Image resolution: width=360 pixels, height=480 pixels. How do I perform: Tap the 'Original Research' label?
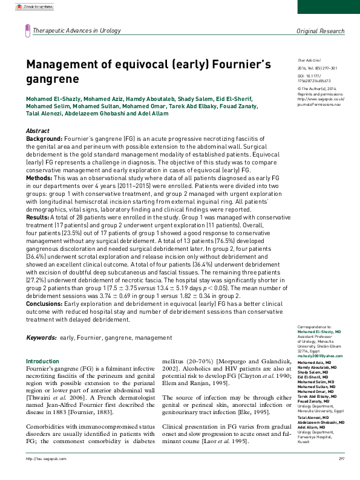click(x=319, y=31)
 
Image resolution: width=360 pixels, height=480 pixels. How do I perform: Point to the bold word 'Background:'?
click(x=44, y=138)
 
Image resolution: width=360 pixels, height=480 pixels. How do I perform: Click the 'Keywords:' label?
click(x=41, y=336)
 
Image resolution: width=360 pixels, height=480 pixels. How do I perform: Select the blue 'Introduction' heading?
click(x=42, y=361)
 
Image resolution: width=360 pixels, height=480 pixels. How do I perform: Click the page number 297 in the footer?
click(x=341, y=475)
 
